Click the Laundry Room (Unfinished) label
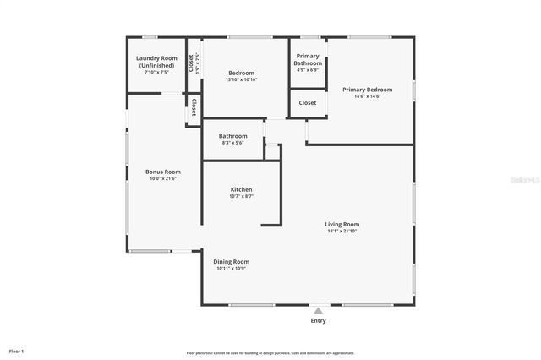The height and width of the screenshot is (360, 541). (156, 63)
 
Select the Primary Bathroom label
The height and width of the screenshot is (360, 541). (308, 59)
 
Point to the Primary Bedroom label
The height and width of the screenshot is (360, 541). (367, 89)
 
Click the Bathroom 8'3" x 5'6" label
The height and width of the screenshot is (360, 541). (232, 136)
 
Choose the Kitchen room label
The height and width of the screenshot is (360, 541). (241, 190)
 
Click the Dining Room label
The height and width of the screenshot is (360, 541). (231, 261)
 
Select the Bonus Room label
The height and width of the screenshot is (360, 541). (163, 172)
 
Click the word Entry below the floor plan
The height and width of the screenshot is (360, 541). (318, 321)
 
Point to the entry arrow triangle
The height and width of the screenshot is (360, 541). (318, 310)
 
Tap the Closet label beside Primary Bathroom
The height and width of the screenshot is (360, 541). (308, 103)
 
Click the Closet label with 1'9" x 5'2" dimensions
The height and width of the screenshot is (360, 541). (194, 63)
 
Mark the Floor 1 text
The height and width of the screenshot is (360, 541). (17, 351)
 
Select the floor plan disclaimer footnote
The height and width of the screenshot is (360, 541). (270, 353)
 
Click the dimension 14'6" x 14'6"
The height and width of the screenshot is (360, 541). (367, 96)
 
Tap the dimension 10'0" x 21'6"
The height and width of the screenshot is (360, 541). (163, 179)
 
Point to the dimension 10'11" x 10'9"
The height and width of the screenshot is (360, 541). (231, 269)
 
